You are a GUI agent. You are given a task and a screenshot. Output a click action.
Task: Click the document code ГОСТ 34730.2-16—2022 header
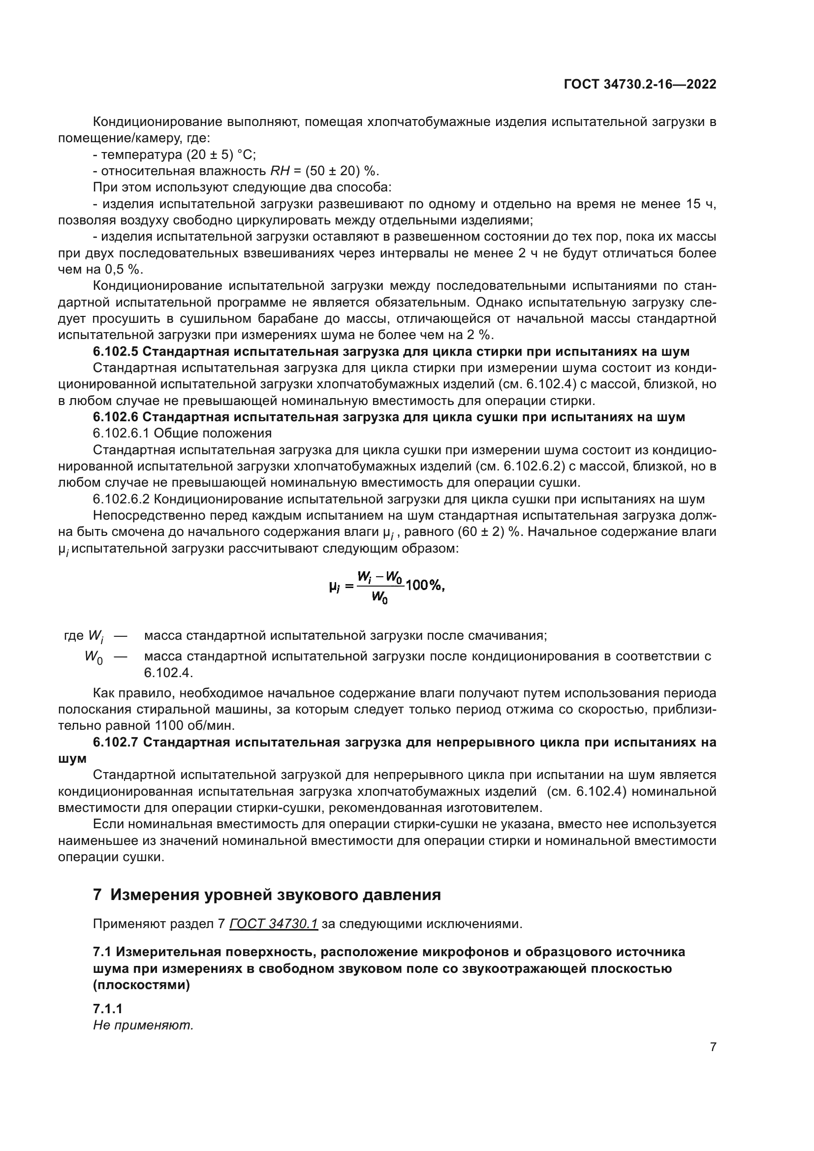[x=640, y=84]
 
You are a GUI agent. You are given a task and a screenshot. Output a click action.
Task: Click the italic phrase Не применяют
[x=143, y=1026]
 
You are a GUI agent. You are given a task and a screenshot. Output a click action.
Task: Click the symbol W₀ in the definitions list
[x=94, y=657]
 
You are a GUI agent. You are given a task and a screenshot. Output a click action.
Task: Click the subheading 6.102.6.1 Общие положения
[x=182, y=433]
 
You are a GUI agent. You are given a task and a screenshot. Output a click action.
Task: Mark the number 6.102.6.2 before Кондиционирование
[x=121, y=499]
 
